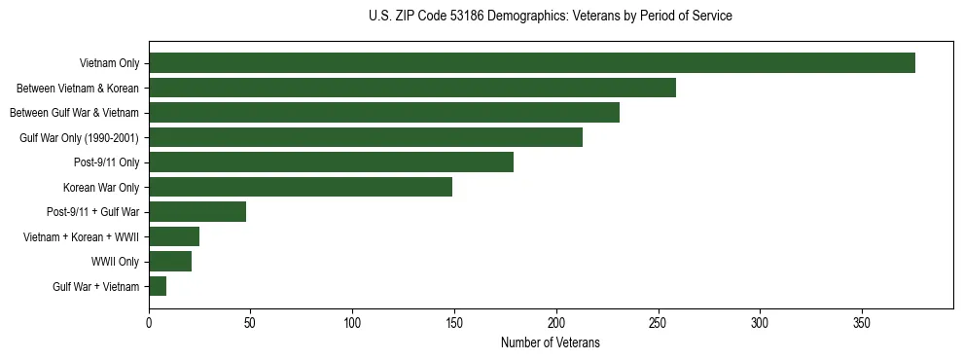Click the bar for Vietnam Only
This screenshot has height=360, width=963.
tap(532, 63)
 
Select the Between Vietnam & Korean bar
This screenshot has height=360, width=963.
tap(412, 89)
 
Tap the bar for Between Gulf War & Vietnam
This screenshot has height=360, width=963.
tap(384, 113)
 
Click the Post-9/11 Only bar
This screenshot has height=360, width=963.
tap(331, 162)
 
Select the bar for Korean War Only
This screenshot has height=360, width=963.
tap(301, 187)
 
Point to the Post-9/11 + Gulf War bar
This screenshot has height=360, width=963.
tap(197, 212)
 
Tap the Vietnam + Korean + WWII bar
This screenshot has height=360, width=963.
tap(174, 236)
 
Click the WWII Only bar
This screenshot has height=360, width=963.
tap(170, 262)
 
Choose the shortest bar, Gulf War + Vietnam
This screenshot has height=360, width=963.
tap(158, 286)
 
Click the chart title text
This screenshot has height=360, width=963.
tap(551, 17)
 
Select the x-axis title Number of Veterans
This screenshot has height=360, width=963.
tap(551, 343)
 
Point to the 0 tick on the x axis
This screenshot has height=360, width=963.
tap(149, 321)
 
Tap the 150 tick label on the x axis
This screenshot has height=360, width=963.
tap(454, 321)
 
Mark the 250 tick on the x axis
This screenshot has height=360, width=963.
tap(658, 321)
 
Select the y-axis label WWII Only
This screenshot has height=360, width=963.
tap(115, 262)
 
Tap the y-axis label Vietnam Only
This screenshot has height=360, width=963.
tap(109, 63)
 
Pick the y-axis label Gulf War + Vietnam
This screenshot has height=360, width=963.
tap(95, 286)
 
